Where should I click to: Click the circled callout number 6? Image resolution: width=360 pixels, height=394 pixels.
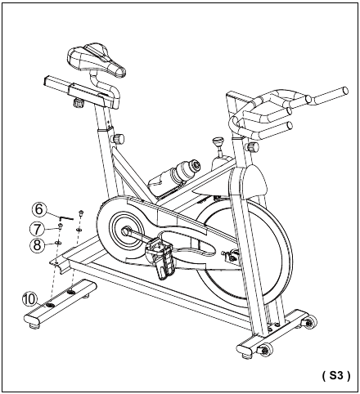(39, 209)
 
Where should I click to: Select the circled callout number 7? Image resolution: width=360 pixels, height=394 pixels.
(37, 229)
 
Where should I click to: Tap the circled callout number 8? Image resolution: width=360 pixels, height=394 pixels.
(37, 244)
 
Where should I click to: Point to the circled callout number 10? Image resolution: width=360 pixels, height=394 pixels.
(29, 300)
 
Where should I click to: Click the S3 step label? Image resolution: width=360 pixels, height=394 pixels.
(336, 375)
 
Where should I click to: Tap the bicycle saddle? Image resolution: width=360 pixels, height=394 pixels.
(97, 59)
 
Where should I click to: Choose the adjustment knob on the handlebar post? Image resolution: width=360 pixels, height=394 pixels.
(252, 147)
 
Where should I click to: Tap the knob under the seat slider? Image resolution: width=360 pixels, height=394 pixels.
(79, 104)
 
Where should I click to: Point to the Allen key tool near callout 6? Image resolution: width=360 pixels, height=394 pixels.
(66, 217)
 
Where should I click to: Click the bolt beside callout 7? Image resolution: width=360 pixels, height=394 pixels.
(60, 226)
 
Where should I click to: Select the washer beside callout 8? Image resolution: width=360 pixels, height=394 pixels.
(58, 242)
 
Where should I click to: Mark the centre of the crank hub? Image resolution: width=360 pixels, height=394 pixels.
(125, 231)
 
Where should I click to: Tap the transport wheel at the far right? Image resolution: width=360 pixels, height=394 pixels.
(310, 323)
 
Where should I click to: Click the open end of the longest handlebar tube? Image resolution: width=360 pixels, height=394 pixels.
(345, 90)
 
